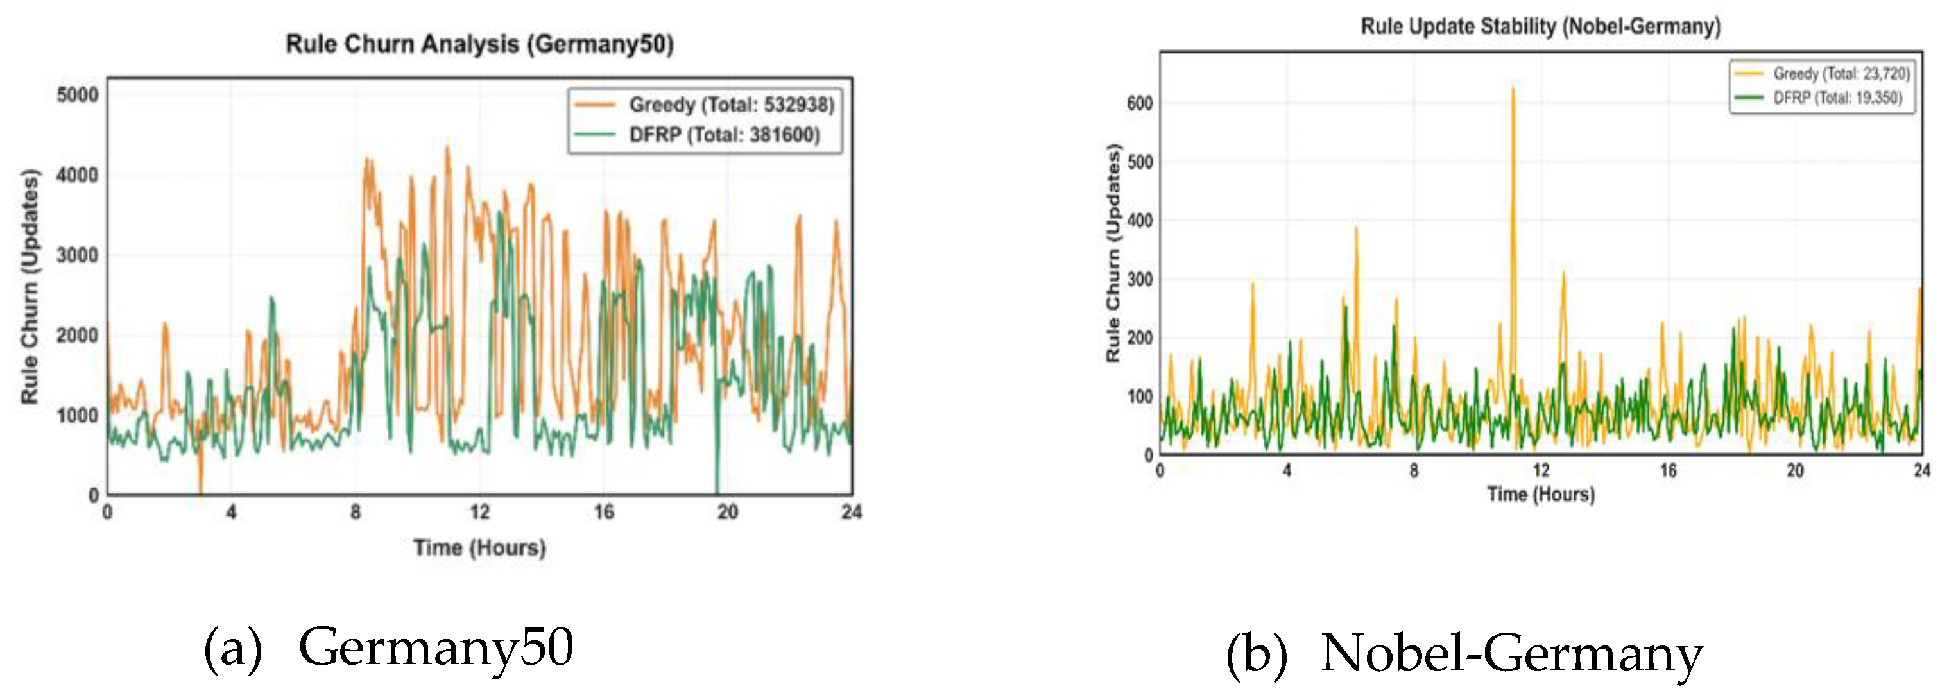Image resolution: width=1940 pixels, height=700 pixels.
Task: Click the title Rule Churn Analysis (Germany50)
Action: [479, 44]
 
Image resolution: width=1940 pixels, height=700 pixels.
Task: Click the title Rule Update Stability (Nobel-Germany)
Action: [1540, 26]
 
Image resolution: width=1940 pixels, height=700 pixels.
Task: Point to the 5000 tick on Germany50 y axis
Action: [78, 95]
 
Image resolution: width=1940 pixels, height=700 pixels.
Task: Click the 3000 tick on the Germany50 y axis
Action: [78, 255]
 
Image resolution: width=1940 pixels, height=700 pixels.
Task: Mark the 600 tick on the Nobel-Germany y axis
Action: [1140, 103]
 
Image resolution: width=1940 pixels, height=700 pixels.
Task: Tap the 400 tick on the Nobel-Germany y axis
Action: [1140, 221]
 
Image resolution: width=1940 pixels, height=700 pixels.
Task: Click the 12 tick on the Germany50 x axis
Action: [480, 513]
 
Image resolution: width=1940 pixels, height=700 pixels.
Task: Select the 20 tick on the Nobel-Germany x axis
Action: [1796, 471]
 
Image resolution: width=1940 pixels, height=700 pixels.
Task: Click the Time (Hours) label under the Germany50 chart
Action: [479, 547]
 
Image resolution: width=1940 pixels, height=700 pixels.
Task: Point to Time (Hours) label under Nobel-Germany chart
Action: [1541, 495]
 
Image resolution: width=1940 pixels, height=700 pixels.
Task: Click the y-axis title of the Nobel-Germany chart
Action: [1113, 252]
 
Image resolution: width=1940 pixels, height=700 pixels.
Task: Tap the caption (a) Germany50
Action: [389, 647]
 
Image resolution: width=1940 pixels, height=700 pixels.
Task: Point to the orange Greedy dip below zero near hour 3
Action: [200, 490]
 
